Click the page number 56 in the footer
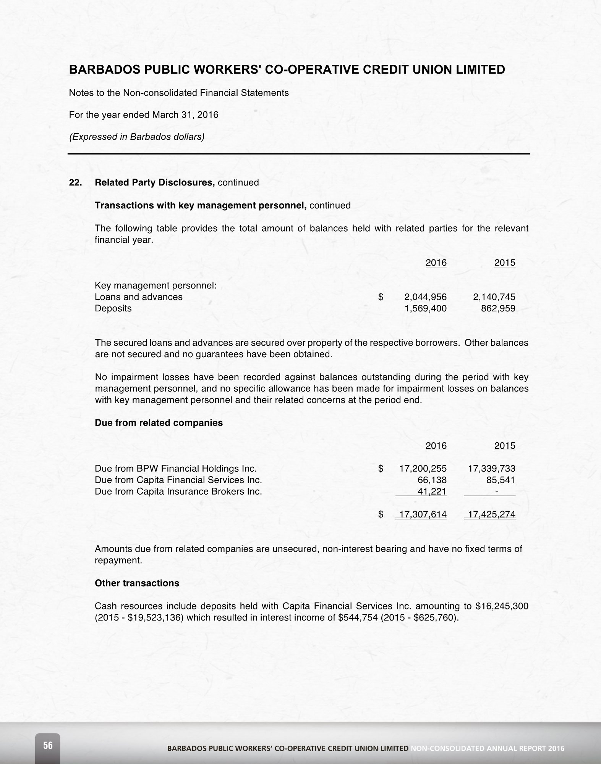point(48,745)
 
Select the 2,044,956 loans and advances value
point(425,297)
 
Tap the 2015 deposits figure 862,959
point(498,308)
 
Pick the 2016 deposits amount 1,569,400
point(425,308)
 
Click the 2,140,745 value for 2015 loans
point(494,297)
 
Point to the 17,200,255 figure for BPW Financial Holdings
point(423,469)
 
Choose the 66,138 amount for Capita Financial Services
point(433,480)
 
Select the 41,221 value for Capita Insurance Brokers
point(432,492)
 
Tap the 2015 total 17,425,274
point(492,514)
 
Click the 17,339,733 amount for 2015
point(492,469)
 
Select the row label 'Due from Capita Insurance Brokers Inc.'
point(178,492)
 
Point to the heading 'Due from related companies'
point(159,423)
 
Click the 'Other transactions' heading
point(137,583)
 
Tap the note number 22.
point(75,182)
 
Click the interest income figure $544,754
point(358,617)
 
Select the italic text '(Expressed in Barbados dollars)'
point(136,137)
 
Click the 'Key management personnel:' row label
point(156,285)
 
